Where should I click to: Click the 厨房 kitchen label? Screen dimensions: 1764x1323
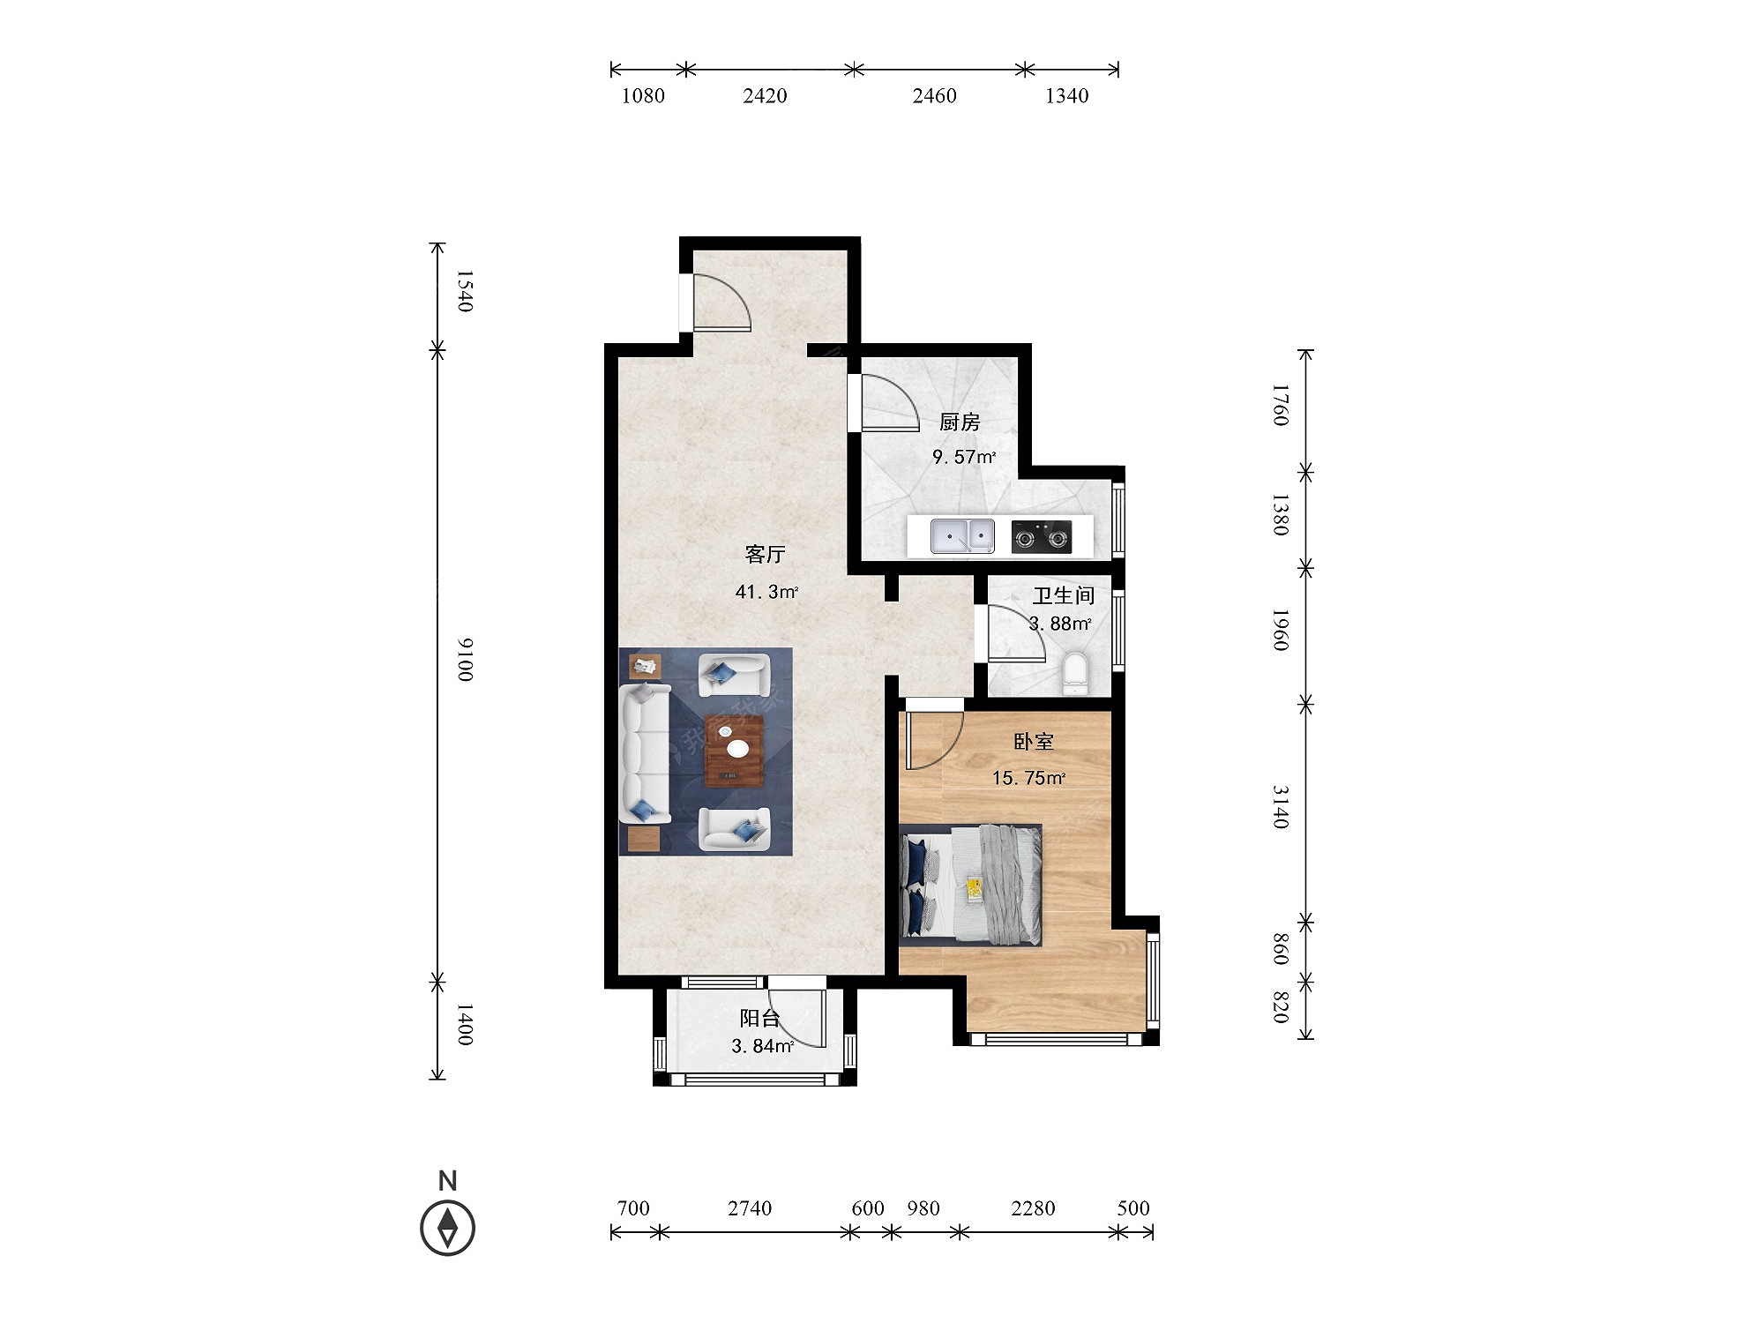[960, 422]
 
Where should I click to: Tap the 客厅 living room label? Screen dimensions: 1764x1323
[765, 554]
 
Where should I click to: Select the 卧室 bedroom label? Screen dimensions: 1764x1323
[1033, 742]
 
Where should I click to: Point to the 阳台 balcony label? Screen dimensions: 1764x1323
[759, 1019]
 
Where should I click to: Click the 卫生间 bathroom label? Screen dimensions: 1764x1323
[1064, 596]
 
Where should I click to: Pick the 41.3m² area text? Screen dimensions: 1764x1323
[766, 592]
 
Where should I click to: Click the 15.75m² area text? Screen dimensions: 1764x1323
[1028, 778]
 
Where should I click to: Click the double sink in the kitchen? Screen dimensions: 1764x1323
[962, 536]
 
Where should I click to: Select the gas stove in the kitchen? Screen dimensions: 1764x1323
[1042, 536]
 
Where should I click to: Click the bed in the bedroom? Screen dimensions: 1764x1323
[970, 885]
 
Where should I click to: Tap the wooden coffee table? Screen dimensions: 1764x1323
[734, 751]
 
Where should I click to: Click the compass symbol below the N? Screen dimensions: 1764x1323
[448, 1228]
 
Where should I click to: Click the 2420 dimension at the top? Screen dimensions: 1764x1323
[765, 96]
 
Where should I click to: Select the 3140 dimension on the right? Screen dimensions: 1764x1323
[1281, 807]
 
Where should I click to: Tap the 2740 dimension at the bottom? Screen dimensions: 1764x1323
[750, 1208]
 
